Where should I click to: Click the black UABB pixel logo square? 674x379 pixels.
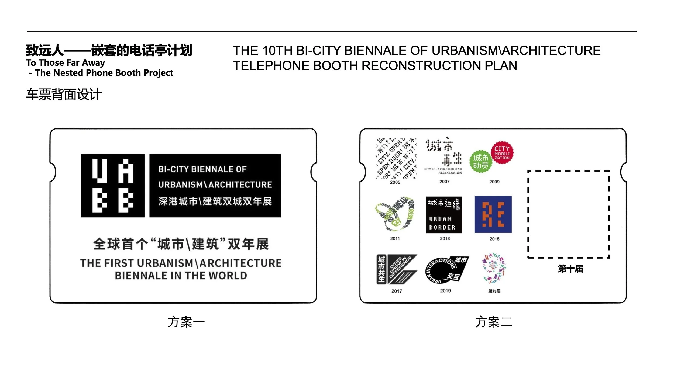tap(113, 186)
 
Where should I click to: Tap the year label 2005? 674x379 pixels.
tap(395, 182)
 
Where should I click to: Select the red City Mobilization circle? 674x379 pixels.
tap(502, 152)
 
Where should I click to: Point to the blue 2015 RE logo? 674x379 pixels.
tap(493, 214)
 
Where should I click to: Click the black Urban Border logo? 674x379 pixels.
tap(444, 215)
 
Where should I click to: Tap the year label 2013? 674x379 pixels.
tap(445, 238)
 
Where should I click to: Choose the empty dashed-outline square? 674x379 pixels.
tap(569, 214)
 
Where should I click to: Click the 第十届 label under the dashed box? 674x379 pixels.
tap(570, 269)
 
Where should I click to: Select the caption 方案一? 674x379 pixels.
tap(186, 322)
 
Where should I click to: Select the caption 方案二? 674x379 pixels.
tap(493, 322)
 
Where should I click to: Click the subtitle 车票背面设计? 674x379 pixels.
tap(64, 95)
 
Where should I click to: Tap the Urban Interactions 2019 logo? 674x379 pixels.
tap(446, 270)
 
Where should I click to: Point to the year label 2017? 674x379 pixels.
tap(397, 291)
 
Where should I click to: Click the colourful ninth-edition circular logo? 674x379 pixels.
tap(494, 268)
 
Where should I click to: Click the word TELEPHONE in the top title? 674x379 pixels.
tap(271, 66)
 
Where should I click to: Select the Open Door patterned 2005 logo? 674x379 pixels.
tap(396, 158)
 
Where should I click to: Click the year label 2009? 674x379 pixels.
tap(494, 182)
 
